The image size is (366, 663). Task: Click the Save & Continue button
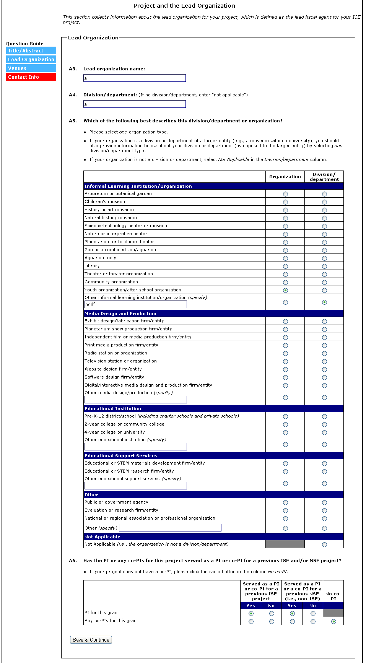pos(91,640)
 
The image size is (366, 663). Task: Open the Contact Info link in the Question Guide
pos(31,77)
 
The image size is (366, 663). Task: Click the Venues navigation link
pos(31,68)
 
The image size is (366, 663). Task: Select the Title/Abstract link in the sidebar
pos(31,50)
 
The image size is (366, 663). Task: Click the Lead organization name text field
pos(134,78)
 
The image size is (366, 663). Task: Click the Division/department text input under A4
pos(134,104)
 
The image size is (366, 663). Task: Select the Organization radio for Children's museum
pos(285,202)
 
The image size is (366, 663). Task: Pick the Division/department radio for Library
pos(324,266)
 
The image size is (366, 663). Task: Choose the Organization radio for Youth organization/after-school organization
pos(285,290)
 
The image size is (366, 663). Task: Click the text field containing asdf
pos(135,304)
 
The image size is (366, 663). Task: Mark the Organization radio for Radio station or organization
pos(285,353)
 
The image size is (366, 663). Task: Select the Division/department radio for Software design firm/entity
pos(324,377)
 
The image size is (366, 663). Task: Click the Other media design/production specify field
pos(135,400)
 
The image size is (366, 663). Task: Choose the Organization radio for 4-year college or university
pos(285,432)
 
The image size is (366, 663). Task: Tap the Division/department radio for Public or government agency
pos(324,502)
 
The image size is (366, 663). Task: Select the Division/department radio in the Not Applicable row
pos(324,544)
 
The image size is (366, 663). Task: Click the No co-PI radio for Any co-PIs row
pos(333,621)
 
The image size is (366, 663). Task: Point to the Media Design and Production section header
pos(120,314)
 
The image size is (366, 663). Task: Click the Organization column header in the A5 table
pos(285,177)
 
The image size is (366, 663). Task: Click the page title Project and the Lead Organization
pos(184,6)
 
